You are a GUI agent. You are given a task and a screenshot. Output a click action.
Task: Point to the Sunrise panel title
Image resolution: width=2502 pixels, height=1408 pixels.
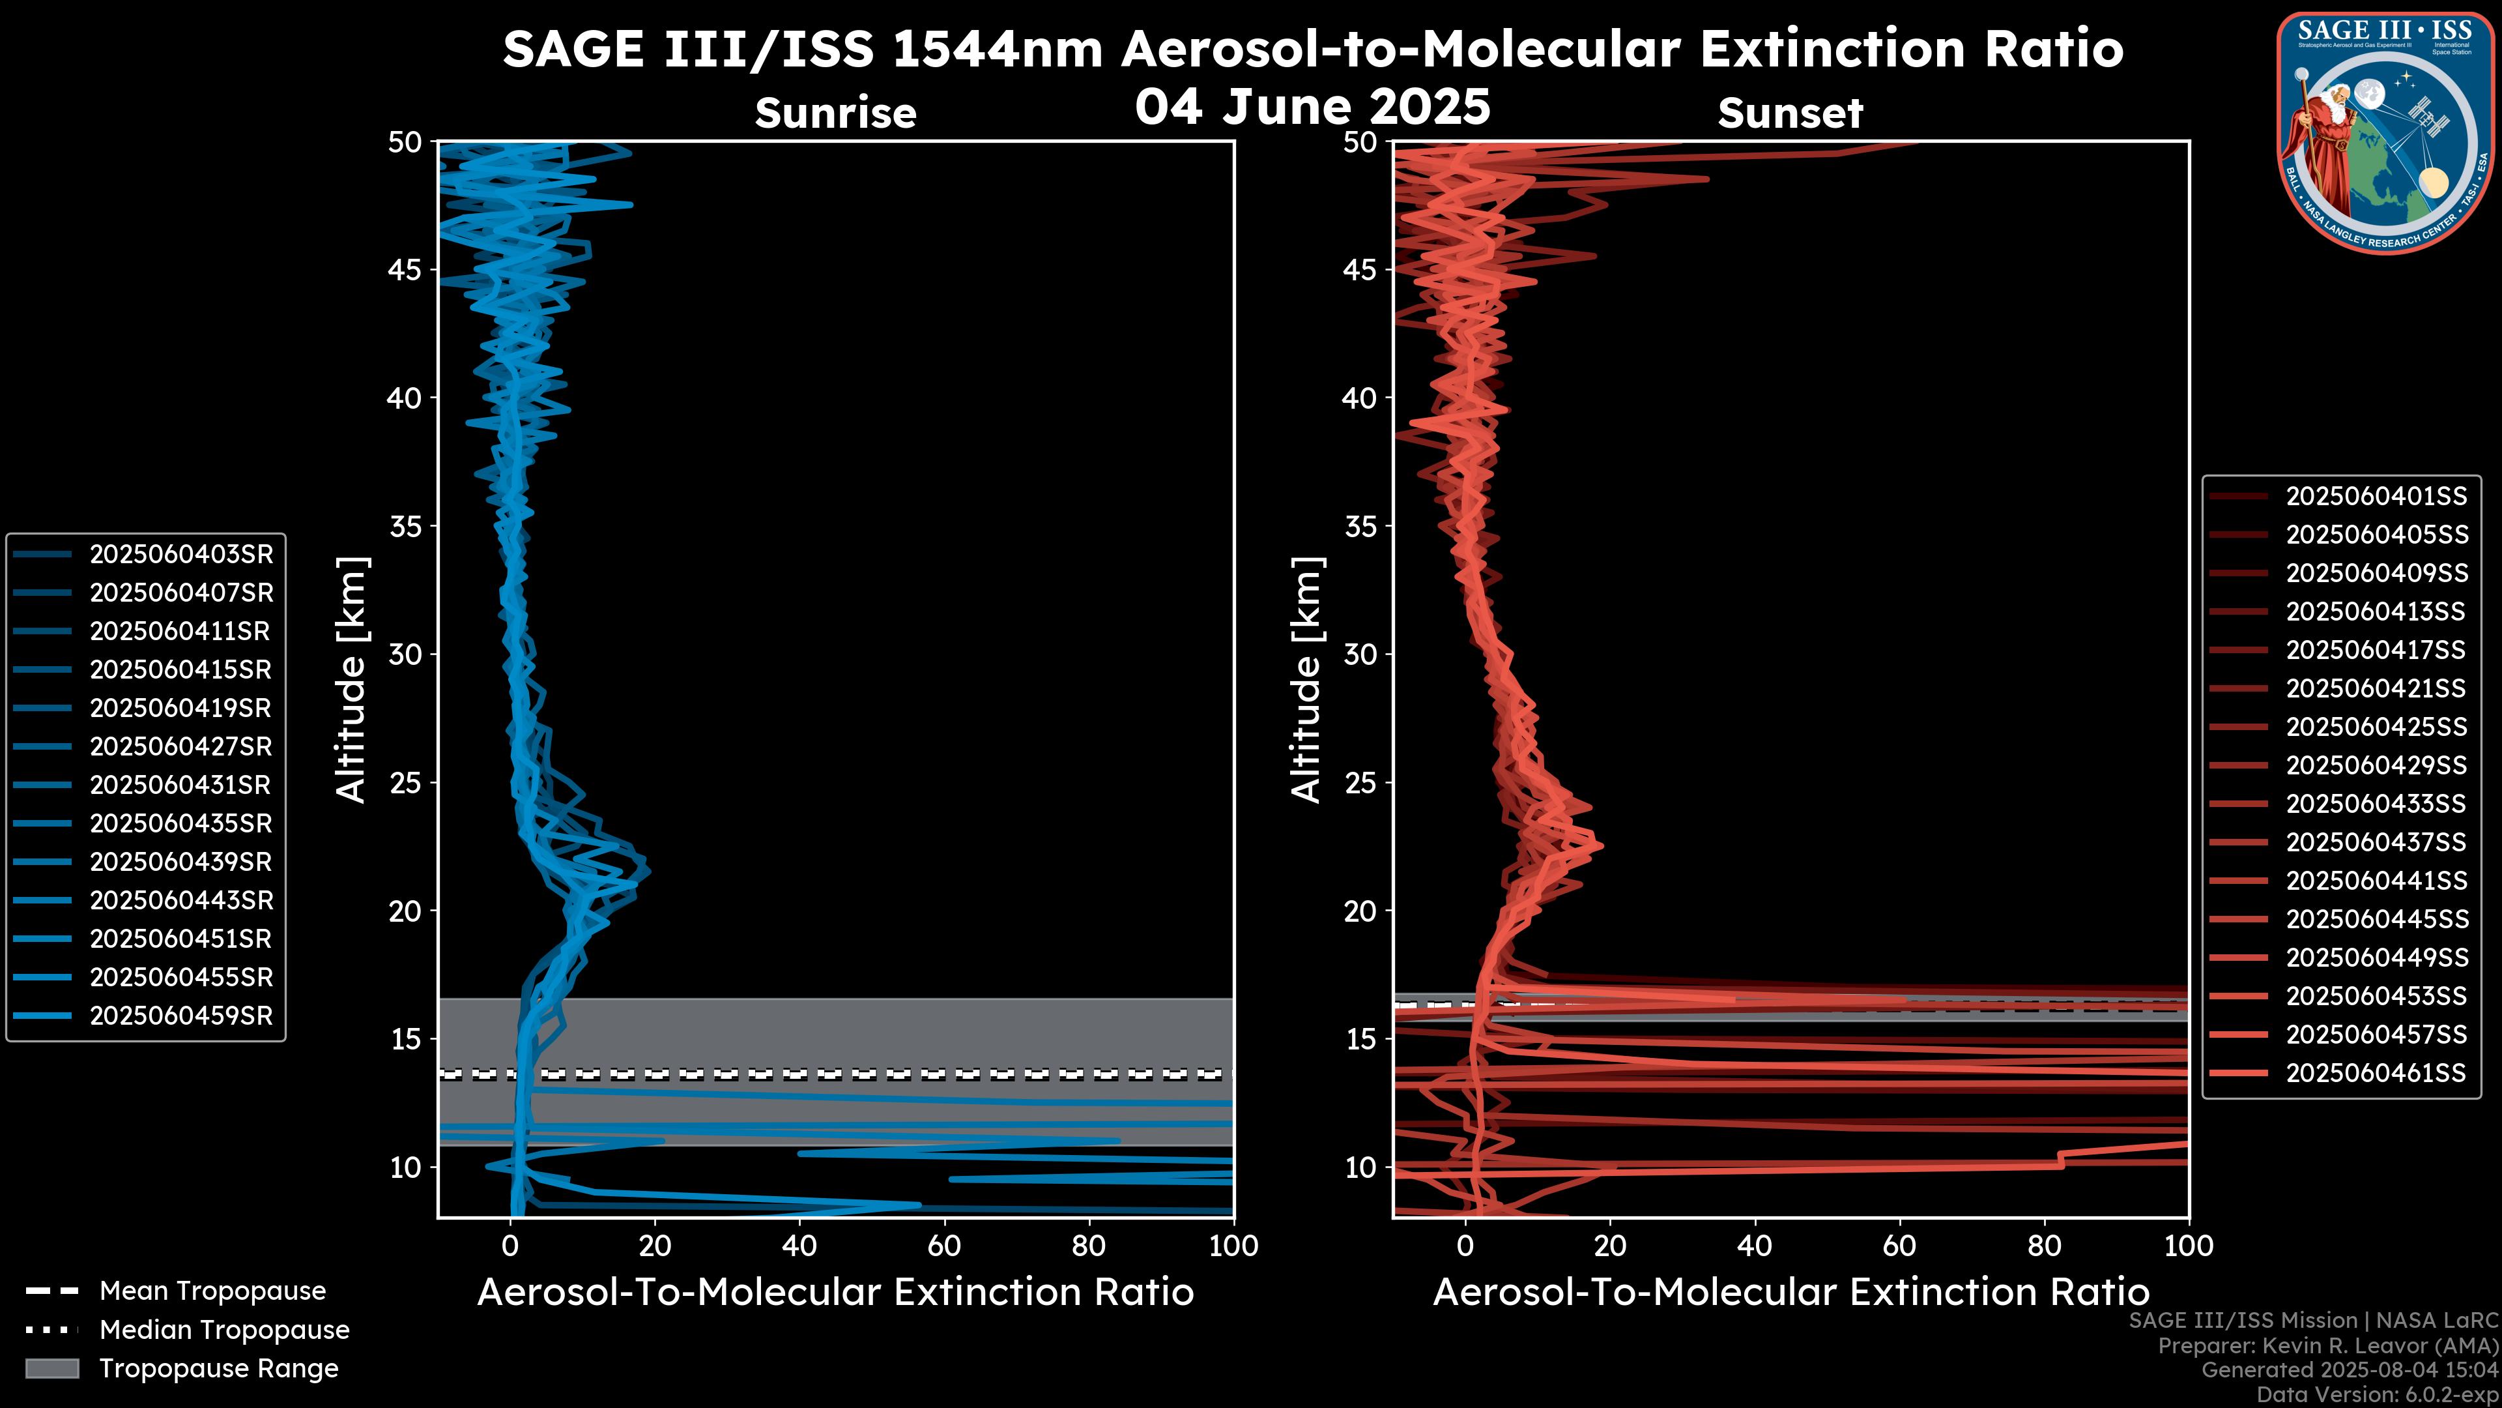(835, 113)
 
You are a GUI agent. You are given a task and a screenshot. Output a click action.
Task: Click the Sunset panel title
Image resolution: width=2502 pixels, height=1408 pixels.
(1790, 113)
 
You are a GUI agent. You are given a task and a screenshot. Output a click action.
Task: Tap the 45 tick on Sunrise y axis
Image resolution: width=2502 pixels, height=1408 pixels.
(405, 270)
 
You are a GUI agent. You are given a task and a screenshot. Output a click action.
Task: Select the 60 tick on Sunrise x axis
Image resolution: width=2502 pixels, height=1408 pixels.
(944, 1246)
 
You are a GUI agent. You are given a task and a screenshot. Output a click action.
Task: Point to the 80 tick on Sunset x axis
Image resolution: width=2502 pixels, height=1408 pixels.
(2045, 1246)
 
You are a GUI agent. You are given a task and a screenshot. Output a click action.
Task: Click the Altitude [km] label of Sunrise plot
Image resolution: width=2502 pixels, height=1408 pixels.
(352, 680)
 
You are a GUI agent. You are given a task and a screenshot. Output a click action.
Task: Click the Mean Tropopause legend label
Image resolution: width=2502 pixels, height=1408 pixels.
(212, 1291)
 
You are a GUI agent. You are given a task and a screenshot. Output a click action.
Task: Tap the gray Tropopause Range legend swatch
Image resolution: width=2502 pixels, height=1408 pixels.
(52, 1369)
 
